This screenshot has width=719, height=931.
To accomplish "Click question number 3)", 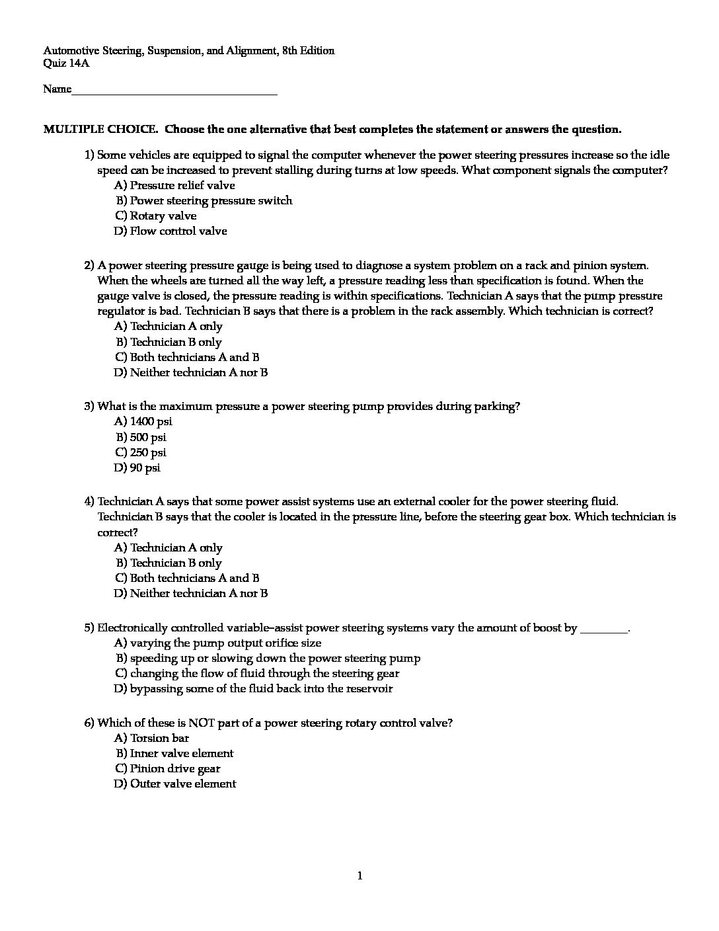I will tap(89, 406).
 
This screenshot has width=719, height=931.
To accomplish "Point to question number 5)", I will tap(89, 627).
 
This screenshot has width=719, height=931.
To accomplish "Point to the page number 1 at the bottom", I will tap(359, 876).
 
